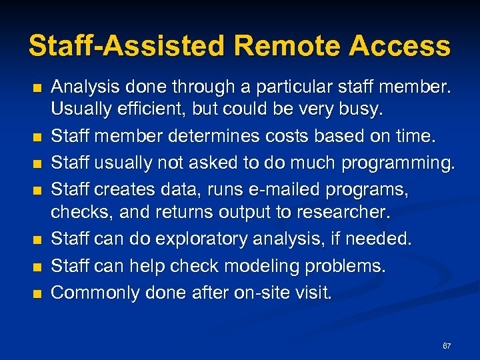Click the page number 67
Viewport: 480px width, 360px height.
pos(447,346)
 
